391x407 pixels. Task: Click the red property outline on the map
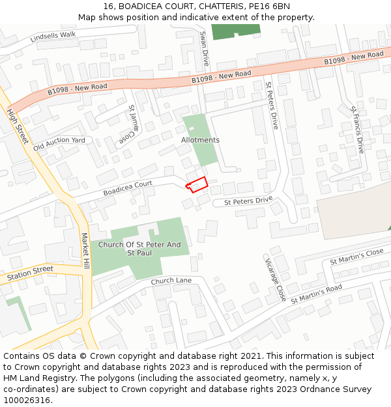pyautogui.click(x=197, y=184)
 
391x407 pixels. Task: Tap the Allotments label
pyautogui.click(x=200, y=140)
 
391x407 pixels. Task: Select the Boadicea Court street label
pyautogui.click(x=128, y=188)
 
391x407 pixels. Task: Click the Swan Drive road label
pyautogui.click(x=204, y=49)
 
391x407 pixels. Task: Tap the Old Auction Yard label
pyautogui.click(x=59, y=144)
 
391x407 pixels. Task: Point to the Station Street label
pyautogui.click(x=30, y=274)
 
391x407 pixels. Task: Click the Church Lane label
pyautogui.click(x=171, y=281)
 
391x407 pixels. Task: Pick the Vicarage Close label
pyautogui.click(x=274, y=278)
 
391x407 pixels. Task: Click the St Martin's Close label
pyautogui.click(x=357, y=257)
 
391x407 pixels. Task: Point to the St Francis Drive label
pyautogui.click(x=357, y=130)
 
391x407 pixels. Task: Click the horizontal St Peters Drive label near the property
pyautogui.click(x=248, y=202)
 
